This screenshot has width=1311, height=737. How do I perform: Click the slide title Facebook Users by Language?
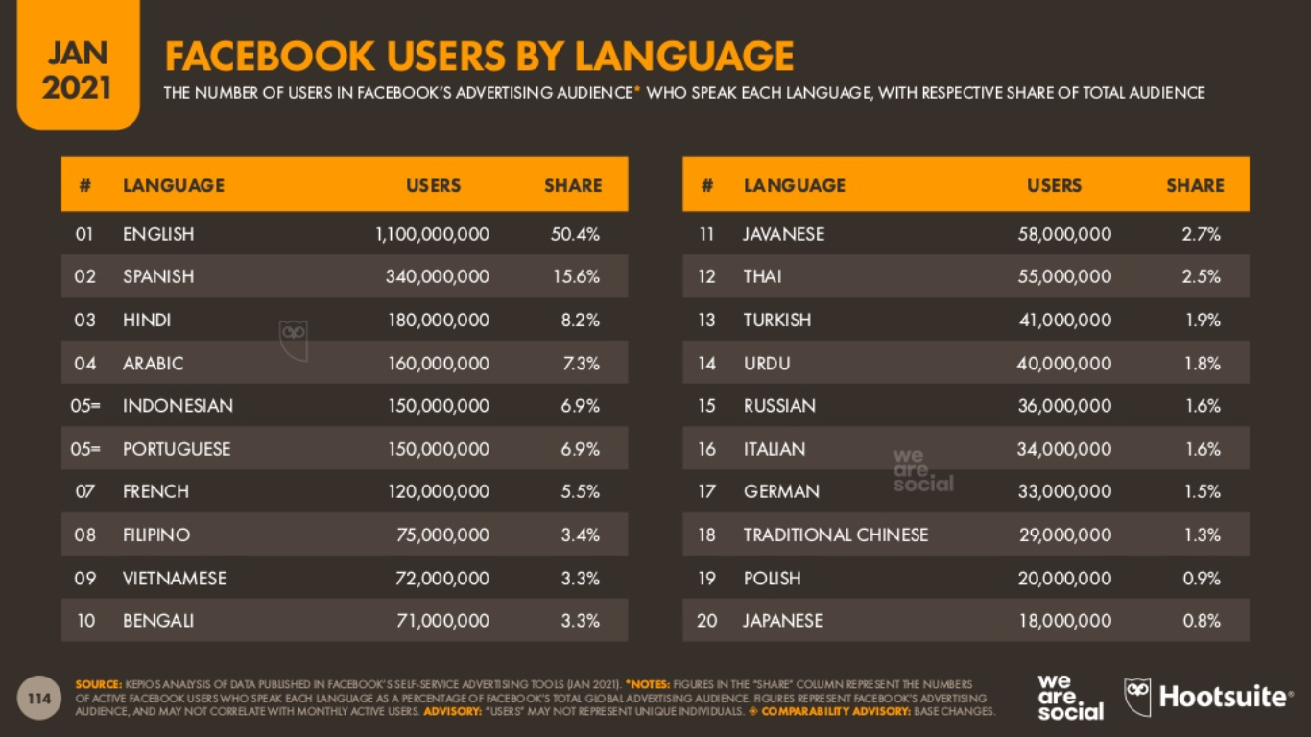pyautogui.click(x=479, y=57)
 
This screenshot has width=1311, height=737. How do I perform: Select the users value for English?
pyautogui.click(x=432, y=234)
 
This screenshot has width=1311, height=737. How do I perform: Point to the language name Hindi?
pyautogui.click(x=147, y=320)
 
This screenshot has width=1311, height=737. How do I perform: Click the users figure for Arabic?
pyautogui.click(x=439, y=364)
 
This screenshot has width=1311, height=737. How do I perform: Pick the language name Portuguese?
pyautogui.click(x=177, y=449)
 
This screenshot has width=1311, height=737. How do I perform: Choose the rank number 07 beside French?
pyautogui.click(x=85, y=491)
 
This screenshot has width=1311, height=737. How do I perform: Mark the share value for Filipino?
pyautogui.click(x=581, y=535)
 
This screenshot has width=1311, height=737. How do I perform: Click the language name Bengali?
pyautogui.click(x=158, y=621)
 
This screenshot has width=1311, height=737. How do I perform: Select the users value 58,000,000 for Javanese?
pyautogui.click(x=1064, y=234)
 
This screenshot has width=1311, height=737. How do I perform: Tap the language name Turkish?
pyautogui.click(x=776, y=320)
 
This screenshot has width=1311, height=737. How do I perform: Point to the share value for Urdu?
pyautogui.click(x=1203, y=364)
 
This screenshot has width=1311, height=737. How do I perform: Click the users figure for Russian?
pyautogui.click(x=1064, y=406)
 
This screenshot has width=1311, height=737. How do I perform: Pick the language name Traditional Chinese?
pyautogui.click(x=835, y=535)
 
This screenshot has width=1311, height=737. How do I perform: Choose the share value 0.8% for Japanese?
pyautogui.click(x=1202, y=621)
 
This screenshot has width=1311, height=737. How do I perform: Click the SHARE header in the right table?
pyautogui.click(x=1195, y=185)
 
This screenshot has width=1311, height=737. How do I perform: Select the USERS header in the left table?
pyautogui.click(x=433, y=185)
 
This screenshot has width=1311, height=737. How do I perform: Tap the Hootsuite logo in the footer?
pyautogui.click(x=1208, y=697)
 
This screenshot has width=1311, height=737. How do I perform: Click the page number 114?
pyautogui.click(x=39, y=699)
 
